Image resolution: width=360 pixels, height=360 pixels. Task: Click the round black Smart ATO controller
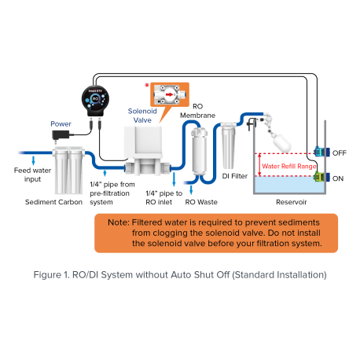95,101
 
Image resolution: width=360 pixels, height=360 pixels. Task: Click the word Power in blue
61,123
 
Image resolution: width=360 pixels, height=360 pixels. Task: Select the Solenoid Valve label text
142,116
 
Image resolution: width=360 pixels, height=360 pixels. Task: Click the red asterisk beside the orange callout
147,86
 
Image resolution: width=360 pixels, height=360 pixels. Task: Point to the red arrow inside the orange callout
170,94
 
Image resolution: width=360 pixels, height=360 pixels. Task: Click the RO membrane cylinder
199,152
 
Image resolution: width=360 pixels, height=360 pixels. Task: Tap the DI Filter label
235,176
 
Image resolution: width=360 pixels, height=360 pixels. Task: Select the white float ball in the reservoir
282,143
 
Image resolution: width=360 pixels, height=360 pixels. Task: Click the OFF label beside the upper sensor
340,152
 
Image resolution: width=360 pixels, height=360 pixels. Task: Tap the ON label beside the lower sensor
338,178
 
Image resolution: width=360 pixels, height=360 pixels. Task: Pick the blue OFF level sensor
320,152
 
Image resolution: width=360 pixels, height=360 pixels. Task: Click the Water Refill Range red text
289,167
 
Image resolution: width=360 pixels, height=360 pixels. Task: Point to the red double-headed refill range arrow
259,165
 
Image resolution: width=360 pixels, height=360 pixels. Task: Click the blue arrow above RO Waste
191,190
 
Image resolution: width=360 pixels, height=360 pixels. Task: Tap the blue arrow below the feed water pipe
33,160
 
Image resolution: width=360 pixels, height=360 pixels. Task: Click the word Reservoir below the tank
292,202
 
